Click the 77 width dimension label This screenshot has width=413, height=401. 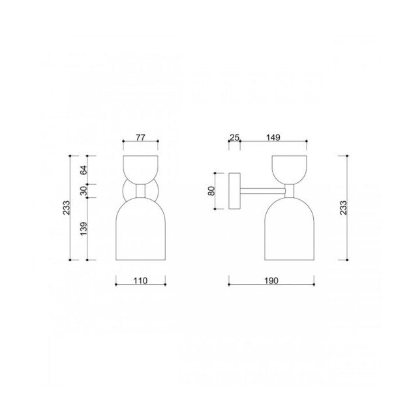click(x=140, y=138)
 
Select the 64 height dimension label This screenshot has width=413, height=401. click(x=84, y=170)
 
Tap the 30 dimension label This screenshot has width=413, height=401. click(x=84, y=191)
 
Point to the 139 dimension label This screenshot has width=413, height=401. click(x=84, y=229)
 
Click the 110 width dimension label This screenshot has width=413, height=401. click(x=140, y=281)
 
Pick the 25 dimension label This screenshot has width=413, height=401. click(x=234, y=137)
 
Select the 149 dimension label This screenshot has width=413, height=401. click(x=273, y=137)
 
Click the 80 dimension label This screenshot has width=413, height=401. click(x=211, y=191)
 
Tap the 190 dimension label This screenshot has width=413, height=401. click(x=271, y=281)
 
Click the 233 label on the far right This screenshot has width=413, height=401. click(x=343, y=208)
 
